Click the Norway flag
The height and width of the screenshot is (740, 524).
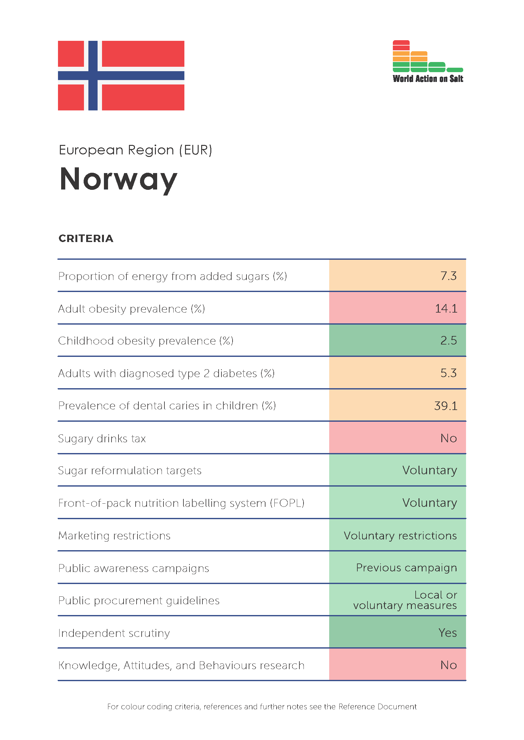coord(121,75)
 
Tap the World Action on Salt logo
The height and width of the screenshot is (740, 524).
coord(428,62)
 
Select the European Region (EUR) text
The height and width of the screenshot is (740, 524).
coord(136,150)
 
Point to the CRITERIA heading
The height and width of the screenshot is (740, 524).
coord(86,239)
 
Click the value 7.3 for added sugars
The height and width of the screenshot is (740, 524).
coord(449,276)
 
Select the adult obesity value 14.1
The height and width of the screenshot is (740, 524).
coord(446,308)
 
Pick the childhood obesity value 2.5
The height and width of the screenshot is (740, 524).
coord(449,340)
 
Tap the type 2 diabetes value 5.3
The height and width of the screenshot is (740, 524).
coord(449,373)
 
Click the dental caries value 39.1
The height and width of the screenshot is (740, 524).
coord(446,406)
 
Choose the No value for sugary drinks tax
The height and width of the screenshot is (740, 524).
coord(449,438)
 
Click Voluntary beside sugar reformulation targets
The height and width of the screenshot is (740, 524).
coord(430,470)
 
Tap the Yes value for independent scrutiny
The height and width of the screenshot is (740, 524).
coord(448,633)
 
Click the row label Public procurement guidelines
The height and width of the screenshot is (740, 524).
coord(139,601)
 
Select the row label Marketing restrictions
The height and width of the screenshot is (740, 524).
coord(114,536)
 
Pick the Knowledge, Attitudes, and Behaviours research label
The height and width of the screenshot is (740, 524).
coord(181,666)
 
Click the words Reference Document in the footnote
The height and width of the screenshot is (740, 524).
coord(378,707)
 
